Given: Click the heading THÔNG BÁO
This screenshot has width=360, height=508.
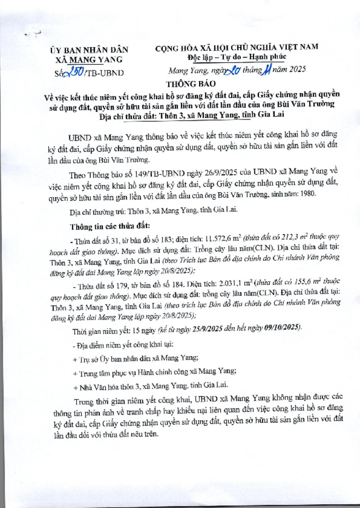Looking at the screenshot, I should pyautogui.click(x=191, y=84).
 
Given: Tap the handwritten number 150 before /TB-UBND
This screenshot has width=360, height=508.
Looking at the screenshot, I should pyautogui.click(x=74, y=71).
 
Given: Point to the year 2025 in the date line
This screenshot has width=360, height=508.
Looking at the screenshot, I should pyautogui.click(x=296, y=70).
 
